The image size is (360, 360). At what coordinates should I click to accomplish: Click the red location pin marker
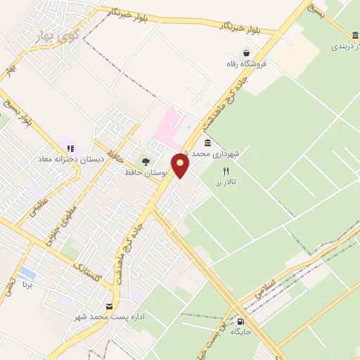coord(181,166)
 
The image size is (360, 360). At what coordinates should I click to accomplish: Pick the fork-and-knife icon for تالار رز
coord(226,171)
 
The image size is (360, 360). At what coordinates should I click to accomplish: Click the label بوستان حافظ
coord(143,172)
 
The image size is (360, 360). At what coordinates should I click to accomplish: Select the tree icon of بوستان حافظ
coord(146,162)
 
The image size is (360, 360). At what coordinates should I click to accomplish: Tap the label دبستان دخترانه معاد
coord(70,160)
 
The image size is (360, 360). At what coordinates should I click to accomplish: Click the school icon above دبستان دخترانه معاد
coord(70,148)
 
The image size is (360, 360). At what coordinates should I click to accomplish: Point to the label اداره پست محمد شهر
coord(105,317)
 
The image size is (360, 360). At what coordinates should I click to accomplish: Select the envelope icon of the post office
coord(109,306)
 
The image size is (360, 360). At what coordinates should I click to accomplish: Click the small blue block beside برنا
coord(27,272)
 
